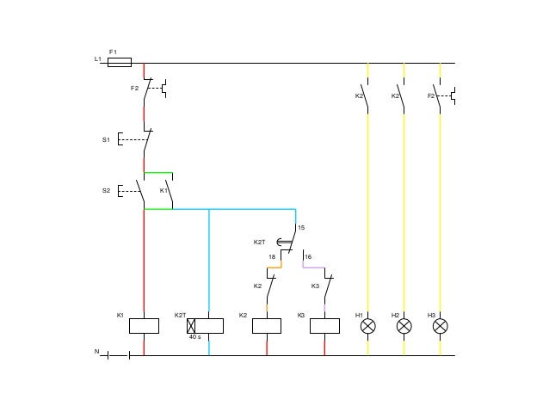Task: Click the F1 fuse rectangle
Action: (119, 62)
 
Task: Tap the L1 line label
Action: (97, 58)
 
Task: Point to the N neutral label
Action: (97, 352)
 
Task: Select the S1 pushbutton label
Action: (106, 138)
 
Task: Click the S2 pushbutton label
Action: (106, 190)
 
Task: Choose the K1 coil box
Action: (144, 326)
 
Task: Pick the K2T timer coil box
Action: (206, 326)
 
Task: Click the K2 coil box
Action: (267, 326)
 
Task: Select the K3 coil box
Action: (324, 326)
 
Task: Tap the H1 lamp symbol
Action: (367, 326)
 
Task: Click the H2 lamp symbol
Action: (404, 326)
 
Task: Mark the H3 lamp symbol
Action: (440, 326)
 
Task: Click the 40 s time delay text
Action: (194, 337)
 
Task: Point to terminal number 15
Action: (300, 227)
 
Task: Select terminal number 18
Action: (271, 256)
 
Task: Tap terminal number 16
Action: (307, 256)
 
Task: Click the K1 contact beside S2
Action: (170, 190)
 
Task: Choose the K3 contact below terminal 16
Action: (327, 286)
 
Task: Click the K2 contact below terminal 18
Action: (269, 286)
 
